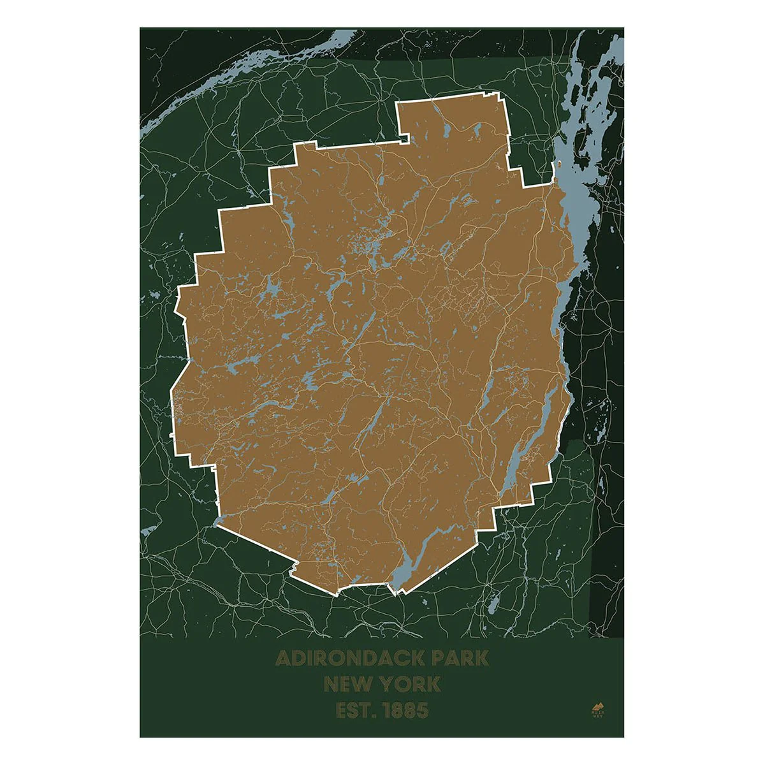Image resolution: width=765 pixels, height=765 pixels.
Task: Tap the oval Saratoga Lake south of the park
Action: tap(492, 603)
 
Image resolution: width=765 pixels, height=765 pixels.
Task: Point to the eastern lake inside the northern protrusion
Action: tap(476, 131)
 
